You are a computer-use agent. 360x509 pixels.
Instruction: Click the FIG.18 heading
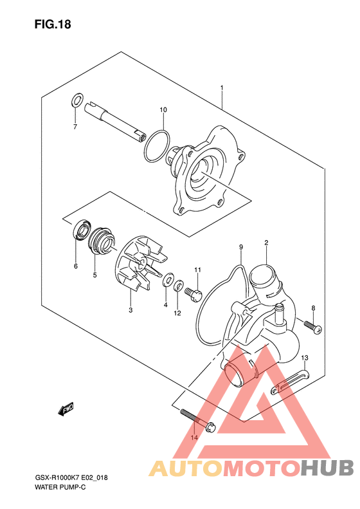(53, 24)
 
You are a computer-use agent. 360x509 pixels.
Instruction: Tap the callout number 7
(75, 127)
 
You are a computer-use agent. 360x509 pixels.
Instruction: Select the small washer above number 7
(76, 100)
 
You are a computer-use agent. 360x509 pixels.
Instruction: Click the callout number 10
(163, 110)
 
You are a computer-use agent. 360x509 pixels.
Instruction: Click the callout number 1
(222, 88)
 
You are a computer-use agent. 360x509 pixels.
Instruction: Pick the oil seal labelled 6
(82, 230)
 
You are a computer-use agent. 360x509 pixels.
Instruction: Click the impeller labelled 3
(140, 266)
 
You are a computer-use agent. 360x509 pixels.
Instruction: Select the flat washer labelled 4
(168, 280)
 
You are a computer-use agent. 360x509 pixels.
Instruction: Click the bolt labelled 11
(194, 294)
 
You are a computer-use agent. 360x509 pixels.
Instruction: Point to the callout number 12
(177, 313)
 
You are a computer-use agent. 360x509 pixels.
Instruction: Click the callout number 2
(266, 243)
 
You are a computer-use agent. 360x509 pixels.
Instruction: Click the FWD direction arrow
(66, 409)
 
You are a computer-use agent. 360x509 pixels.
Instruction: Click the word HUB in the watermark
(327, 468)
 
